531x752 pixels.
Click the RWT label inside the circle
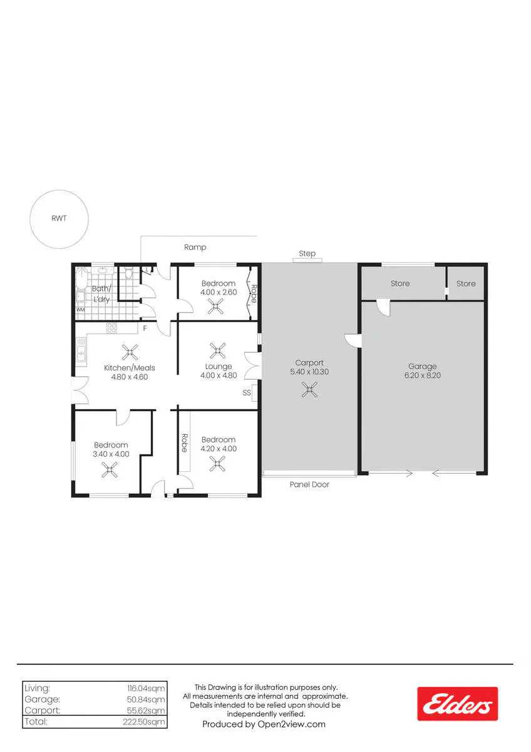(59, 218)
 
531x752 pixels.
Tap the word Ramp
(195, 248)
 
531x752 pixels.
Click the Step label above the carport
(307, 253)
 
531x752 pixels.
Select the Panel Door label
(309, 484)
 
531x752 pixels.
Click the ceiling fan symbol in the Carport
(309, 389)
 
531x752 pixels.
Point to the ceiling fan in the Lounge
(218, 350)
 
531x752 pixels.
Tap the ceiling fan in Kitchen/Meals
(130, 352)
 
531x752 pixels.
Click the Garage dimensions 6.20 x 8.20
(422, 375)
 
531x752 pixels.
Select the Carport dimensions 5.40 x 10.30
(309, 372)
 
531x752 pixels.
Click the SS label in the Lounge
(247, 392)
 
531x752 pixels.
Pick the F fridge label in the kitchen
(145, 328)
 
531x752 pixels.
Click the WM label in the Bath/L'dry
(81, 310)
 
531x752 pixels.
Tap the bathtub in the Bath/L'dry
(81, 279)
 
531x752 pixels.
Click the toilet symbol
(128, 274)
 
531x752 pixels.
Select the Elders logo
(457, 704)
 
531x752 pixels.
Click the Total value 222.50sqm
(144, 722)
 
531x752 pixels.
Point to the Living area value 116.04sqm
(146, 688)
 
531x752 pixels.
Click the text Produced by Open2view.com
(264, 724)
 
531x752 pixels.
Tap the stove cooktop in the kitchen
(111, 328)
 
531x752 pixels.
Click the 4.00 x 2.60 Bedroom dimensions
(219, 292)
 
